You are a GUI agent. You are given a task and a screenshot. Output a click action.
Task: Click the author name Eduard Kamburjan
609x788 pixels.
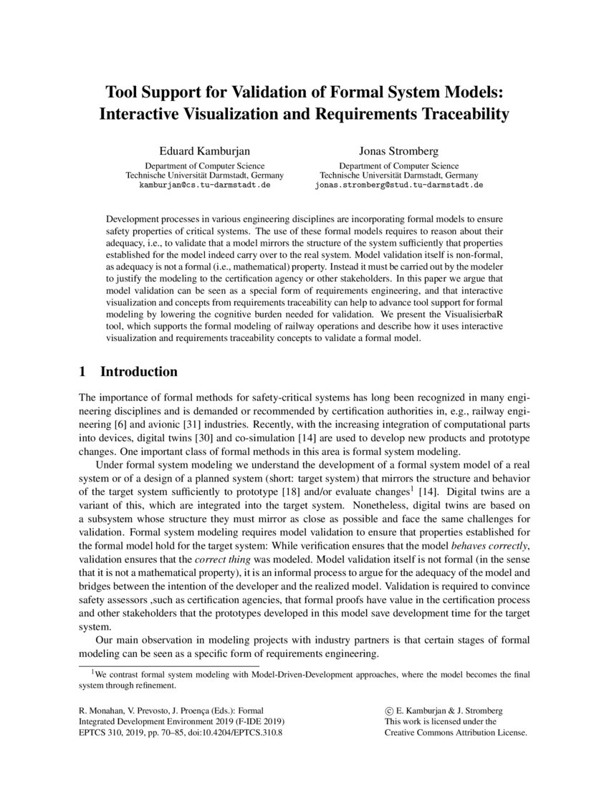point(204,151)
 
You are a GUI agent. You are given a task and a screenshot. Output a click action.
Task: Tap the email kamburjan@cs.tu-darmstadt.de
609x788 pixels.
point(204,184)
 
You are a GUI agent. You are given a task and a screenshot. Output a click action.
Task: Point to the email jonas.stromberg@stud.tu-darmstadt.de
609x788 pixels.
point(399,184)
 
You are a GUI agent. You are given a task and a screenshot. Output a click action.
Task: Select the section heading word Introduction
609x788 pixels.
point(138,372)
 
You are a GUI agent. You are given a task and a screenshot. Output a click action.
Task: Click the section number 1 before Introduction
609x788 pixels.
point(82,372)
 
